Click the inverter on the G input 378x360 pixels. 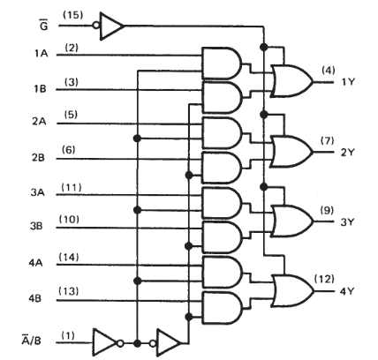(x=108, y=26)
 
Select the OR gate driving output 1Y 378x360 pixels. (x=292, y=81)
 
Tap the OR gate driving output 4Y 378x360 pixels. (x=292, y=291)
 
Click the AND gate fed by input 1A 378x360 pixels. (x=222, y=64)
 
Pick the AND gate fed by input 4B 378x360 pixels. (x=223, y=308)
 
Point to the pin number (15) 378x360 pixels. (x=73, y=15)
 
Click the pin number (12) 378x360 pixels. (x=324, y=279)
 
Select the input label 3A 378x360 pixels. (x=38, y=192)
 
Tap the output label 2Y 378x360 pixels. (x=347, y=153)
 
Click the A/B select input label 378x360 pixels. (x=32, y=340)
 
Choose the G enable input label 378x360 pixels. (x=43, y=25)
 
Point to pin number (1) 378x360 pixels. (x=68, y=335)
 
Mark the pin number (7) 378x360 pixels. (x=328, y=141)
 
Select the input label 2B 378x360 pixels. (x=39, y=158)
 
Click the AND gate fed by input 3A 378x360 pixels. (x=223, y=203)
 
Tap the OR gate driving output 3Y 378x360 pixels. (x=292, y=221)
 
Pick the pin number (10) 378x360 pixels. (x=69, y=220)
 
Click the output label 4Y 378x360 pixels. (x=347, y=291)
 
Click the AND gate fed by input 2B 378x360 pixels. (x=223, y=168)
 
